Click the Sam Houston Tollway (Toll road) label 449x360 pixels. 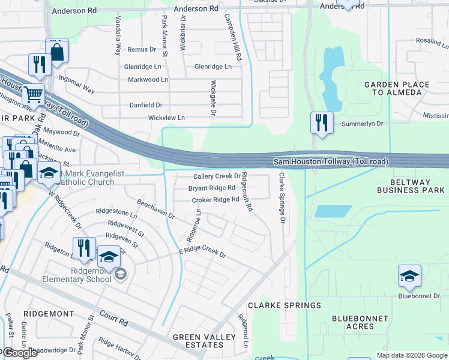pos(331,162)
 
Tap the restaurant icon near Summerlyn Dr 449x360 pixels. pos(322,123)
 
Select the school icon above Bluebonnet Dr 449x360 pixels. pos(409,276)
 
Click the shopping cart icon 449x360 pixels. pos(33,94)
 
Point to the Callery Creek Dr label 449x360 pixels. pos(217,176)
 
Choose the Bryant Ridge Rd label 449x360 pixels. pos(211,188)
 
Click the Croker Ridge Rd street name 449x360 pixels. pos(215,199)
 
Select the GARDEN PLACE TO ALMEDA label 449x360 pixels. pos(397,89)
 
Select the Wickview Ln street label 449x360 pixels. pos(166,118)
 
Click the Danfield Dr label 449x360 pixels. pos(146,105)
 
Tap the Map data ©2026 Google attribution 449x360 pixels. pos(412,355)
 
